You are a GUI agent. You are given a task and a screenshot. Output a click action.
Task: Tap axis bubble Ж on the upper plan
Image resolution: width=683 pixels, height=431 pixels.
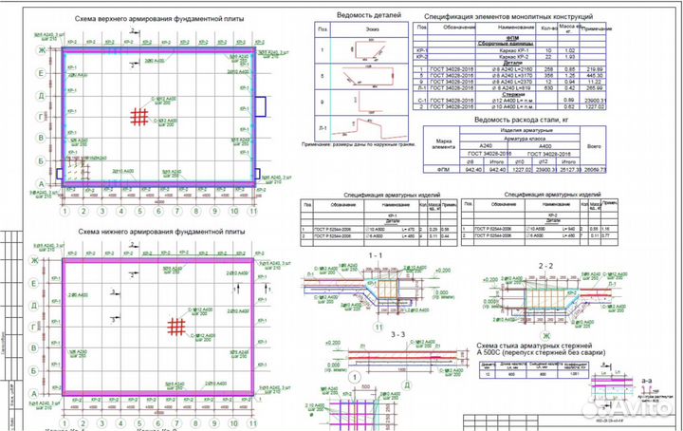(40, 47)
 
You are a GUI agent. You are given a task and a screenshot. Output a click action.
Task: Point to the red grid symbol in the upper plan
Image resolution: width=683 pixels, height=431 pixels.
(139, 117)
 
